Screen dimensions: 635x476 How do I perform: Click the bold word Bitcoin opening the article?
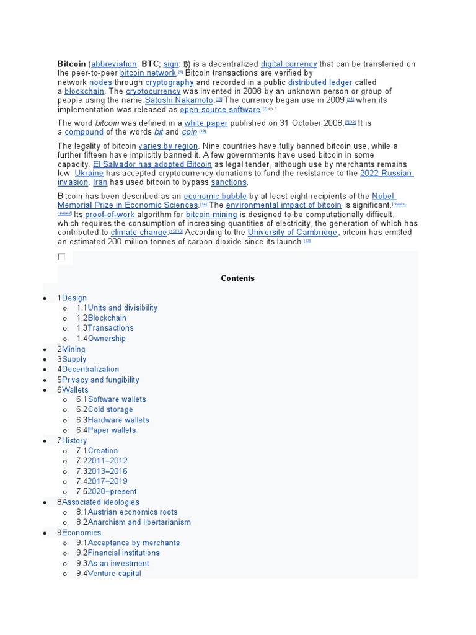(71, 64)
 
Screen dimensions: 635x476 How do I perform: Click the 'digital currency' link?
(289, 64)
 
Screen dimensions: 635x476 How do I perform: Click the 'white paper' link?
(206, 123)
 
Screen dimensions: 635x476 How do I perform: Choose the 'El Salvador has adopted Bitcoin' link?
(152, 164)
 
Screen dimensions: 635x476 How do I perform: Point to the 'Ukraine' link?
(89, 174)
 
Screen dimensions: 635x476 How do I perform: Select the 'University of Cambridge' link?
(293, 233)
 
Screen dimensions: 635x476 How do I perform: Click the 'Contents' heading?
(238, 278)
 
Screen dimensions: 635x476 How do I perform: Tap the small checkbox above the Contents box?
(61, 256)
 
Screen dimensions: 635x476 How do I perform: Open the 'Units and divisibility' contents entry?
(123, 308)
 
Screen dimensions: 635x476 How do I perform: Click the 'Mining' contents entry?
(74, 349)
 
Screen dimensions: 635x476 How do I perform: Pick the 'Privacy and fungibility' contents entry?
(100, 380)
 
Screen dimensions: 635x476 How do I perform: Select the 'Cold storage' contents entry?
(110, 409)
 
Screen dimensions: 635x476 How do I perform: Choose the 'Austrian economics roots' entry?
(133, 512)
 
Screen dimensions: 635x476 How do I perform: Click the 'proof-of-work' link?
(110, 215)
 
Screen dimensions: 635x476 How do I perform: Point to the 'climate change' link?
(139, 233)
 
